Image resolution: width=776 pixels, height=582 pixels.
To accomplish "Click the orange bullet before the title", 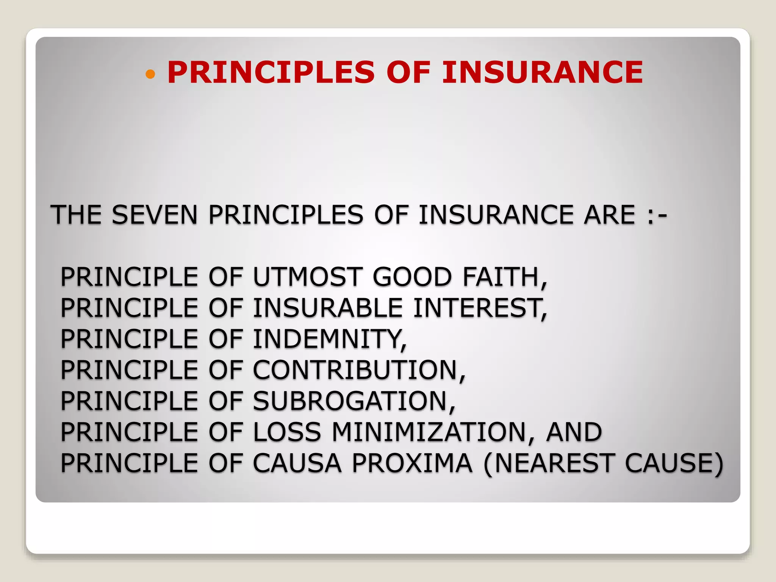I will [x=150, y=74].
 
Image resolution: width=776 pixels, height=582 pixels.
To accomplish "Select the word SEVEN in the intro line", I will [x=155, y=215].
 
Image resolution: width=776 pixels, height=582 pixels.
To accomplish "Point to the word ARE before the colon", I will [x=609, y=215].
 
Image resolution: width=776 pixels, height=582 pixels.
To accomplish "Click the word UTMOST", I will [x=307, y=277].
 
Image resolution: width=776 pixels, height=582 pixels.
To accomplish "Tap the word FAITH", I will [x=503, y=277].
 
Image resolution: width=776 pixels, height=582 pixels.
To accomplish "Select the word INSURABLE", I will [x=327, y=308].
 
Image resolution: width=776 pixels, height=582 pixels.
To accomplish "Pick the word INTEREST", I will [x=478, y=308].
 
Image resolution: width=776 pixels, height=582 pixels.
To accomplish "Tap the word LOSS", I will [x=287, y=432].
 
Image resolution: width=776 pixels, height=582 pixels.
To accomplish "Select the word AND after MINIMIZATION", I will [x=574, y=432].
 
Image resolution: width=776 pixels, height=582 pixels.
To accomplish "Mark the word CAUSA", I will [x=297, y=463].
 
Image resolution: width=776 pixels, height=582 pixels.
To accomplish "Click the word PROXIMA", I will [x=412, y=463].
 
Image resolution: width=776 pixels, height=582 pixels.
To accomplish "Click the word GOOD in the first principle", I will [x=412, y=277].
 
